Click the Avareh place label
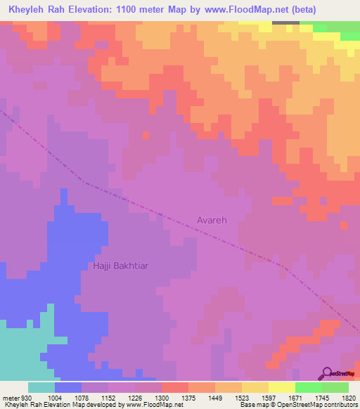(x=211, y=220)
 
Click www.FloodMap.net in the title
(x=246, y=10)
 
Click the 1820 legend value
(x=348, y=398)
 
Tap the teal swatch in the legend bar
(x=41, y=387)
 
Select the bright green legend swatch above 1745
(x=308, y=387)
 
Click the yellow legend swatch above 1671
(x=282, y=387)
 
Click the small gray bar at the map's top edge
(x=285, y=22)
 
